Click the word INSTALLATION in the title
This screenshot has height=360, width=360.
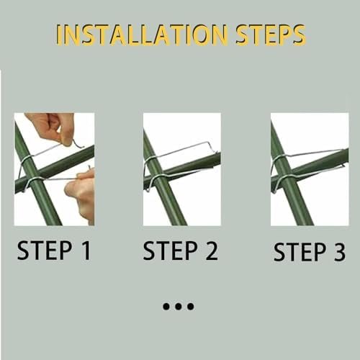tap(142, 35)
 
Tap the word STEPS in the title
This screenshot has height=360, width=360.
tap(271, 35)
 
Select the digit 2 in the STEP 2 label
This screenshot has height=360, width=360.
tap(212, 251)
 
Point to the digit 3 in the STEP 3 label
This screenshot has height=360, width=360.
tap(339, 252)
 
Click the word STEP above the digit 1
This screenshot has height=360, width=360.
tap(45, 251)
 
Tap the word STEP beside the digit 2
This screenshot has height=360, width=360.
tap(171, 251)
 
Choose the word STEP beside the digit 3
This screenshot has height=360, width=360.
tap(300, 252)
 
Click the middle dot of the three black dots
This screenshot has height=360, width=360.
tap(179, 307)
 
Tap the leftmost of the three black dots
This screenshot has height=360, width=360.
tap(166, 307)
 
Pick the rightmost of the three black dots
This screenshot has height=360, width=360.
tap(191, 307)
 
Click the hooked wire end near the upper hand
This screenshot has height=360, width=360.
tap(78, 144)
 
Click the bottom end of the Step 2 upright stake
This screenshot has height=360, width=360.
tap(179, 224)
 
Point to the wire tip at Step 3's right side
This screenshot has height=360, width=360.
tap(344, 166)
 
